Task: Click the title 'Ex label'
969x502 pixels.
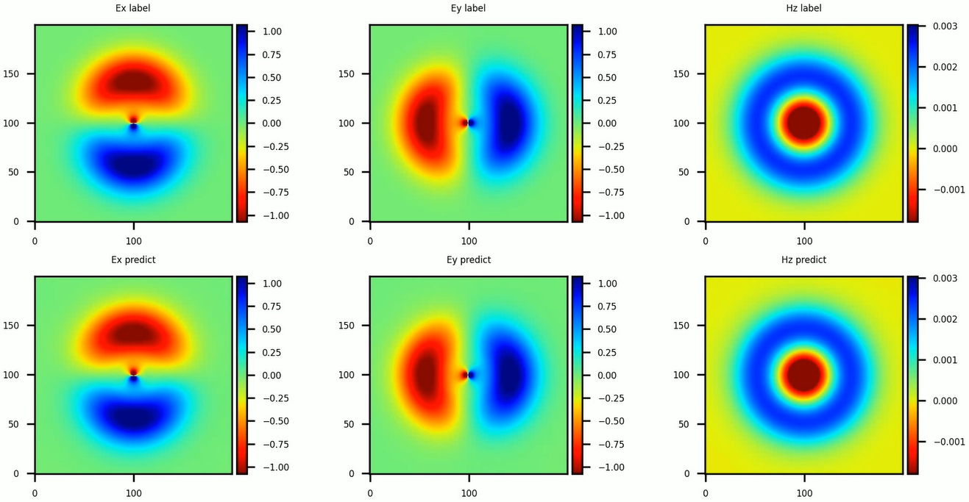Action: (x=133, y=8)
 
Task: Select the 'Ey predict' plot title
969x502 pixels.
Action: (x=469, y=259)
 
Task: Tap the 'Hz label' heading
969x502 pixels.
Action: (x=803, y=8)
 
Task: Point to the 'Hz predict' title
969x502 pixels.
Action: (x=803, y=259)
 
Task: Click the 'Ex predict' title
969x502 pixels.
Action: (x=133, y=259)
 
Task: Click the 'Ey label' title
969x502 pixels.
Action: (x=469, y=8)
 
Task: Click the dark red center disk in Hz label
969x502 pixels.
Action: (x=804, y=123)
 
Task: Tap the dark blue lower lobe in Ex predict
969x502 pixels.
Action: (x=134, y=415)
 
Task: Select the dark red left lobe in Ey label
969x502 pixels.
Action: (x=427, y=123)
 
